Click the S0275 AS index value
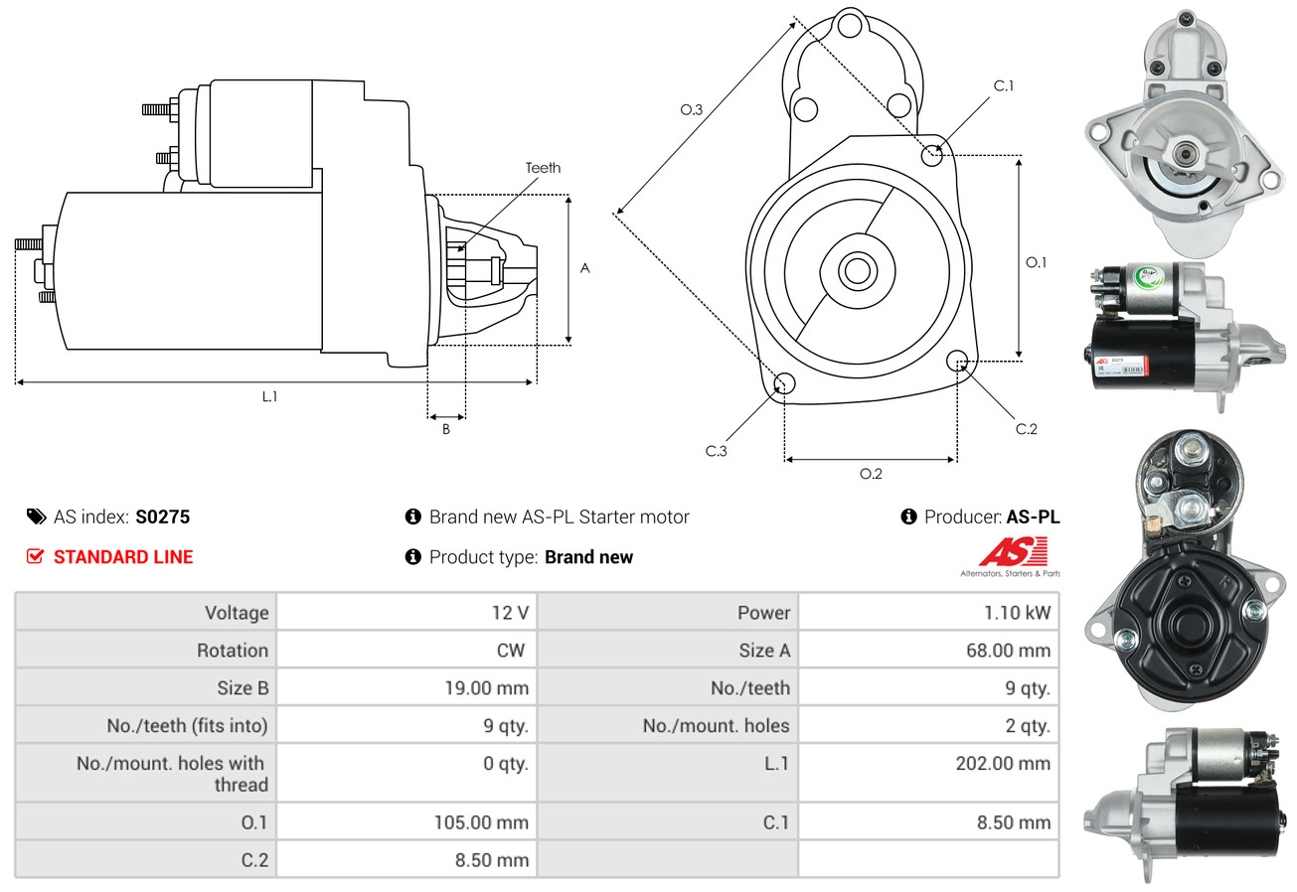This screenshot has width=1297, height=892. pos(162,517)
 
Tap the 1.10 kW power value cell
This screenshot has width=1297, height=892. pos(1017,613)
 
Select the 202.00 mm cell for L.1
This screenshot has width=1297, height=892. pos(1004,764)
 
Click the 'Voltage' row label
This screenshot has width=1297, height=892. pos(237,613)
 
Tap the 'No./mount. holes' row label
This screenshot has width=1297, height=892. pos(716,726)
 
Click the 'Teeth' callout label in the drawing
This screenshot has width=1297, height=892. pos(543,168)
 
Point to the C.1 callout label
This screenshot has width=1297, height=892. pos(1004,85)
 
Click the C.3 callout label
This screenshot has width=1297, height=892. pos(717,451)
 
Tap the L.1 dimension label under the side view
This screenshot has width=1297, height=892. pos(269,396)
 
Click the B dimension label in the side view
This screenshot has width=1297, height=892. pos(446,429)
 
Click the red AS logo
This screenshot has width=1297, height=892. pos(1013,551)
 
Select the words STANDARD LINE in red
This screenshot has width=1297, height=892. pos(123,557)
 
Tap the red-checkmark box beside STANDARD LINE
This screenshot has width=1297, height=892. pos(35,557)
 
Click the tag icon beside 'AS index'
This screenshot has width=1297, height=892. pos(36,517)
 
